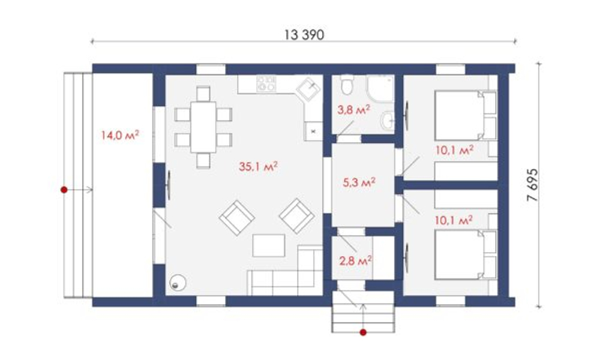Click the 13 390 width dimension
pyautogui.click(x=304, y=35)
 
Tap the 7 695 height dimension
pyautogui.click(x=532, y=185)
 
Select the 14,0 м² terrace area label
pyautogui.click(x=120, y=135)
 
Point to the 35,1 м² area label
pyautogui.click(x=258, y=166)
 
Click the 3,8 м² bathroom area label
pyautogui.click(x=353, y=110)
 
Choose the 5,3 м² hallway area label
pyautogui.click(x=359, y=182)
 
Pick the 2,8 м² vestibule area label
pyautogui.click(x=355, y=261)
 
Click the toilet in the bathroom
pyautogui.click(x=347, y=85)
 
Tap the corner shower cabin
pyautogui.click(x=380, y=88)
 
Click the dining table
pyautogui.click(x=203, y=127)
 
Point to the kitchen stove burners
pyautogui.click(x=266, y=83)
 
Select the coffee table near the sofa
pyautogui.click(x=269, y=245)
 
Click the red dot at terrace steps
pyautogui.click(x=64, y=190)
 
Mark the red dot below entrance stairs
pyautogui.click(x=363, y=332)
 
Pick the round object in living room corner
pyautogui.click(x=178, y=283)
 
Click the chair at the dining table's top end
pyautogui.click(x=203, y=94)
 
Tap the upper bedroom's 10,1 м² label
pyautogui.click(x=454, y=149)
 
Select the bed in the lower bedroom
pyautogui.click(x=466, y=254)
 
